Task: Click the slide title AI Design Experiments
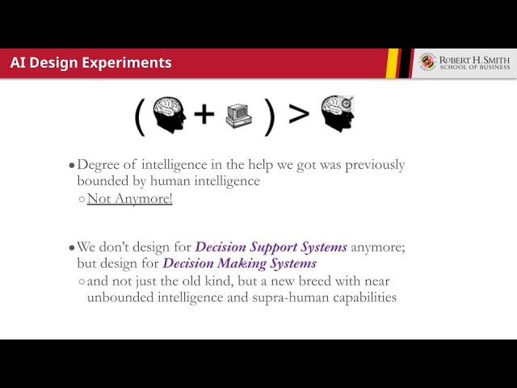(x=91, y=63)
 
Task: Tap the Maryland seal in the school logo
(x=427, y=61)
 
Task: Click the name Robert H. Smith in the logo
(x=474, y=60)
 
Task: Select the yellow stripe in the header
(x=392, y=63)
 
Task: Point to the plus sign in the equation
(x=204, y=114)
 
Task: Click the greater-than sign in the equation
(x=299, y=113)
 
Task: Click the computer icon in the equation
(x=239, y=116)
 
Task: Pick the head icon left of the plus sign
(x=170, y=115)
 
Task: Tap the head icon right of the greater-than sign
(x=338, y=113)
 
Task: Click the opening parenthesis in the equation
(x=140, y=117)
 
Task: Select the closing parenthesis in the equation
(x=269, y=117)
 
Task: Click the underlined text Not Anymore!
(x=130, y=199)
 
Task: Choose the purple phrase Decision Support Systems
(x=271, y=247)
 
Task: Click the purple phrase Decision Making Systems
(x=240, y=264)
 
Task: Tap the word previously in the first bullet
(x=375, y=165)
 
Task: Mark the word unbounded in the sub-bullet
(x=120, y=297)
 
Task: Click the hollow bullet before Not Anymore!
(x=82, y=200)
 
